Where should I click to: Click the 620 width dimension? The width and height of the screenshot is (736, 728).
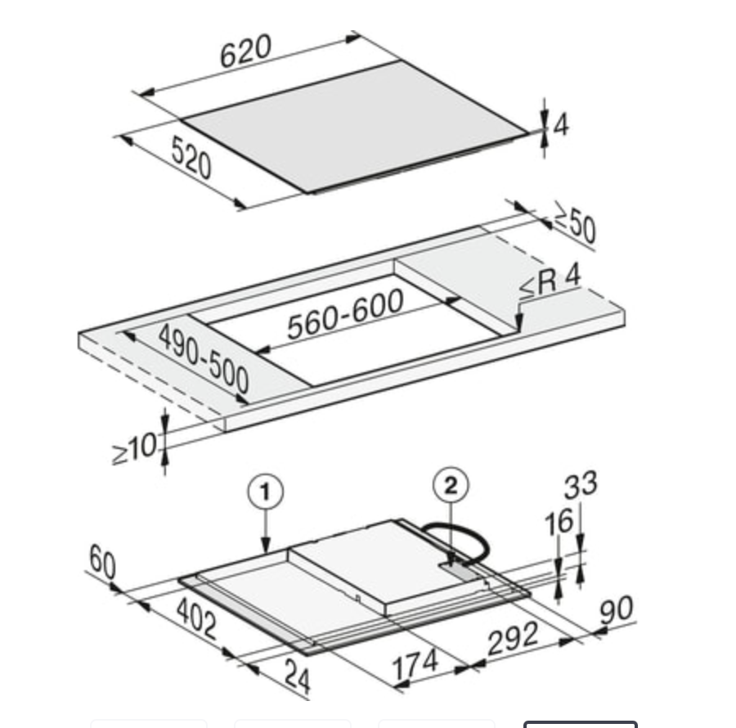[245, 50]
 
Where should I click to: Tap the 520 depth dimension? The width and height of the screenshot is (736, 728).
[191, 157]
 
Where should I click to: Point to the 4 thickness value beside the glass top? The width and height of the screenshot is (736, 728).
[561, 125]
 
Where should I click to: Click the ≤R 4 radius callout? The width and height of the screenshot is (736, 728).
[550, 281]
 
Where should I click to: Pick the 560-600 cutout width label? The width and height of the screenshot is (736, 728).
[345, 313]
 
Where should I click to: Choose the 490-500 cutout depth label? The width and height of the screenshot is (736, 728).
[204, 358]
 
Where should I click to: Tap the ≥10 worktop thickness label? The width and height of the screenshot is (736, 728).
[135, 447]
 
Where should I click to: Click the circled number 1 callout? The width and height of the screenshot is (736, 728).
[265, 492]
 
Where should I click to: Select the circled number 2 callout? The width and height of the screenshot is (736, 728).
[451, 486]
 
